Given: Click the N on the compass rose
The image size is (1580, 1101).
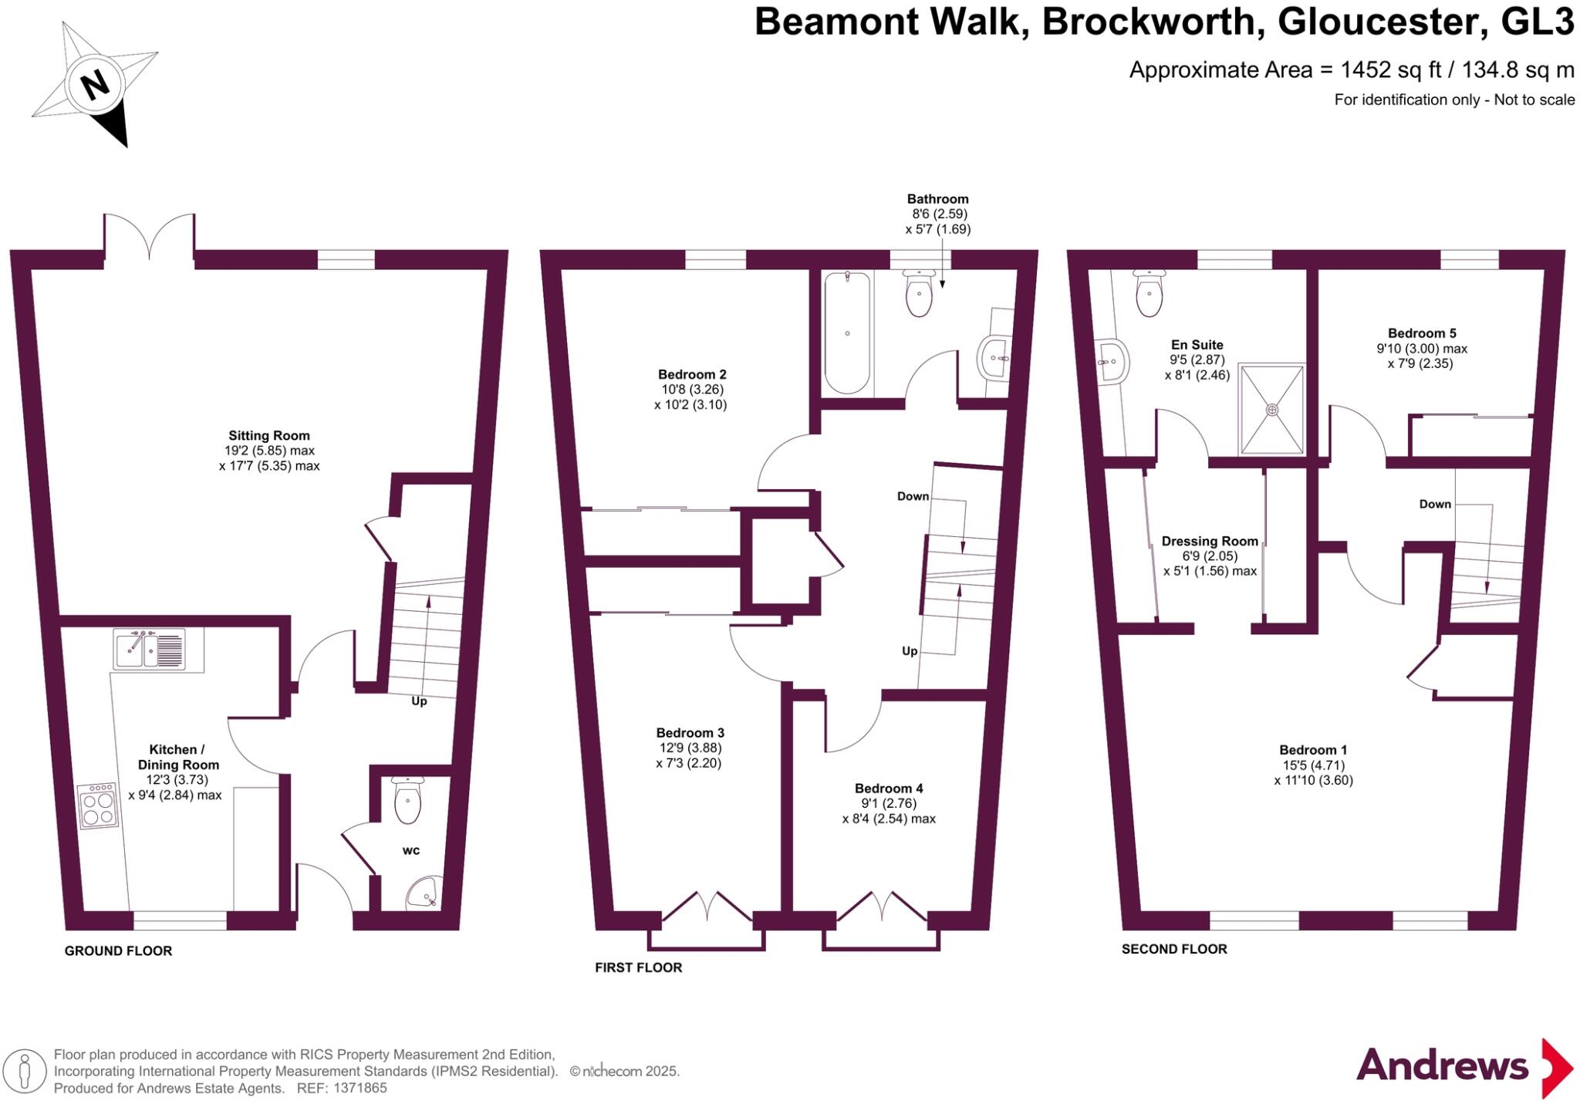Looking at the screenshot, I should [x=95, y=84].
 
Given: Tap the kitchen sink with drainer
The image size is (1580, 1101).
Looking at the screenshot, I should [x=149, y=649].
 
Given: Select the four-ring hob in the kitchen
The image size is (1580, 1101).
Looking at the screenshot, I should [x=98, y=805].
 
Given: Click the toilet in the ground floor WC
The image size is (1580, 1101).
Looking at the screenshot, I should [x=407, y=800].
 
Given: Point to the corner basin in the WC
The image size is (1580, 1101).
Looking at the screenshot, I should [x=424, y=893].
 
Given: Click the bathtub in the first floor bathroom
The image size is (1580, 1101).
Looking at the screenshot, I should [x=847, y=333].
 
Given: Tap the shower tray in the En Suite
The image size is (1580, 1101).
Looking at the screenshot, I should [x=1271, y=409].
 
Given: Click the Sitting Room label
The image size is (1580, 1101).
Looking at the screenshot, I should [x=268, y=436].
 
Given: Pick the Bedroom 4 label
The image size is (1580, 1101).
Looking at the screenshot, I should [x=889, y=789].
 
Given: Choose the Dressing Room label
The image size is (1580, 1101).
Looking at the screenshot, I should [x=1209, y=542].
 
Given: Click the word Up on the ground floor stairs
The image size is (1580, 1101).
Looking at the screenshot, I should [x=419, y=701].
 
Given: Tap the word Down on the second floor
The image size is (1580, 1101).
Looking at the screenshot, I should [x=1435, y=504].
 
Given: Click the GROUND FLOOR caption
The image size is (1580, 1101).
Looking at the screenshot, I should [x=118, y=951].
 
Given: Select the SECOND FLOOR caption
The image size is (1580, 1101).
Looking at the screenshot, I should [x=1173, y=949].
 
